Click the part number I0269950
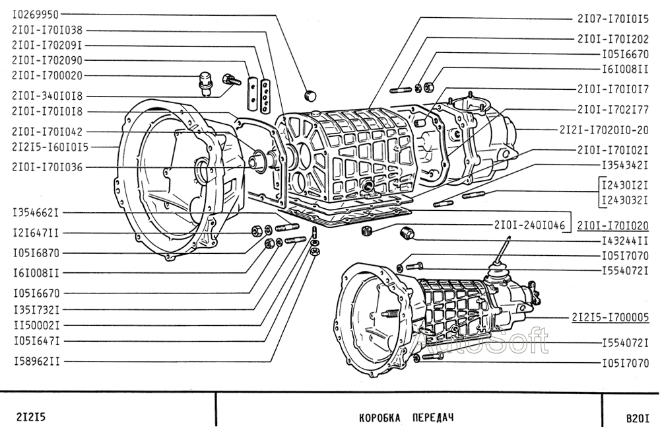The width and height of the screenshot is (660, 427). [36, 15]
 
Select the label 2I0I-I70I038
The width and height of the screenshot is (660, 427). [47, 30]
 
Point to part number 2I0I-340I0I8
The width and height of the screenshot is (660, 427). [47, 96]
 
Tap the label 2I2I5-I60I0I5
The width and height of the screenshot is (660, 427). [50, 147]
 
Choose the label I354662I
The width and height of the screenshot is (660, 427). [36, 213]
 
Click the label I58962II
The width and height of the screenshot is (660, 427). [36, 362]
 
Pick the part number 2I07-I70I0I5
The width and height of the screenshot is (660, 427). [613, 19]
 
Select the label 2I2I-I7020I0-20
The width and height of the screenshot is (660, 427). [604, 130]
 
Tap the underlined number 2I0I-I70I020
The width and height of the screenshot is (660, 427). [613, 226]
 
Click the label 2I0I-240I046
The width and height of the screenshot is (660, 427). [529, 225]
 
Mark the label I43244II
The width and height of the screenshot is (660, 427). [625, 241]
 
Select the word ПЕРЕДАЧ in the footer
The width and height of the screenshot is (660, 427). [433, 418]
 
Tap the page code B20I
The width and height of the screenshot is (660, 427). [638, 418]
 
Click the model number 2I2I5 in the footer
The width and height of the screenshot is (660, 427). [30, 417]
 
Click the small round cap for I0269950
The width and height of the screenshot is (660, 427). [310, 96]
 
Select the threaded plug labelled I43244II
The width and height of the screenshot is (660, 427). [406, 232]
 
